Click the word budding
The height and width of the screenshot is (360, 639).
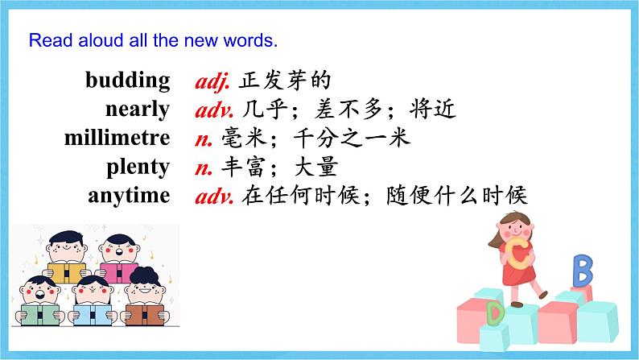coord(127,81)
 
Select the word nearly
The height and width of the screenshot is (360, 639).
coord(138,110)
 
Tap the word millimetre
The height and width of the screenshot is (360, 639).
coord(117,138)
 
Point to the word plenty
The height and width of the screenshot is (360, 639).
coord(138,168)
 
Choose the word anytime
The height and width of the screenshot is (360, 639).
coord(129,196)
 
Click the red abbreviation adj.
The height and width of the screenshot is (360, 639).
coord(212,81)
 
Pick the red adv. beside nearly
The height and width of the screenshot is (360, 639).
coord(214,110)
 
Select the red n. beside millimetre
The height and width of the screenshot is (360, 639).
coord(204,140)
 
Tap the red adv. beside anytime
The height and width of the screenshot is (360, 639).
coord(214,197)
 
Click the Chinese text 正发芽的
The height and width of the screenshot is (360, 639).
coord(284,81)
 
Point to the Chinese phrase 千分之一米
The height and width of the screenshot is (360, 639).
coord(352,138)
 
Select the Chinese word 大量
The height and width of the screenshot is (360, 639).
coord(315,167)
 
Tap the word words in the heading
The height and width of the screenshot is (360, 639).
coord(250,41)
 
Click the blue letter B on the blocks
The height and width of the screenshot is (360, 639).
coord(583,271)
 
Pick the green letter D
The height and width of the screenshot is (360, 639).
coord(495,313)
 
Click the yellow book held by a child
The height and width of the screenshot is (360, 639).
coord(67,272)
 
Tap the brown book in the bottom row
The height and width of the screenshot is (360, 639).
coord(145,315)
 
